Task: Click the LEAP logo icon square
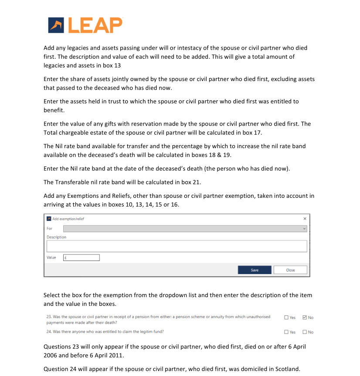pyautogui.click(x=56, y=26)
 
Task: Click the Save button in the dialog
pyautogui.click(x=255, y=270)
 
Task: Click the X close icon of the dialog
pyautogui.click(x=305, y=219)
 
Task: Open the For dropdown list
pyautogui.click(x=185, y=228)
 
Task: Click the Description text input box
pyautogui.click(x=177, y=246)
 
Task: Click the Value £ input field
pyautogui.click(x=81, y=257)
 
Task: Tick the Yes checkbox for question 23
pyautogui.click(x=286, y=317)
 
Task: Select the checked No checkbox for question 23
pyautogui.click(x=305, y=317)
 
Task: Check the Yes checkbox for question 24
pyautogui.click(x=286, y=332)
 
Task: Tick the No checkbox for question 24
pyautogui.click(x=305, y=332)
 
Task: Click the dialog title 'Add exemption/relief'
pyautogui.click(x=68, y=219)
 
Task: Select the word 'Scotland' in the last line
pyautogui.click(x=287, y=369)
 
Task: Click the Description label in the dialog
pyautogui.click(x=57, y=237)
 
